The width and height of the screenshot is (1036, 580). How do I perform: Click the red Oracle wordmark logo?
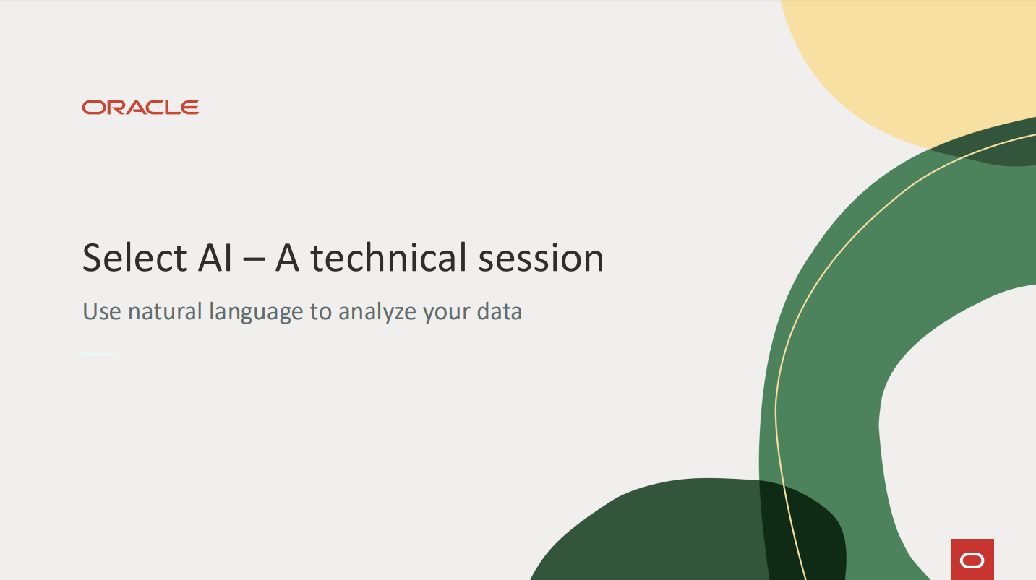[x=140, y=108]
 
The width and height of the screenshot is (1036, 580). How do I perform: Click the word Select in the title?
[x=134, y=258]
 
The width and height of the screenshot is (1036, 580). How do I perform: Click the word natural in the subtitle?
[x=165, y=311]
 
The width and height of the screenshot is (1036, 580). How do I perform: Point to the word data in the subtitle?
[x=500, y=311]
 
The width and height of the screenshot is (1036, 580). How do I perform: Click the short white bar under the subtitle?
[x=98, y=355]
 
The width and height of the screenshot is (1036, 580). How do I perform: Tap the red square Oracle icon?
[x=972, y=560]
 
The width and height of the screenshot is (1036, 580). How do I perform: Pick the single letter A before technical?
[x=287, y=258]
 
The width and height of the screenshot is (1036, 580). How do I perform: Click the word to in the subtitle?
[x=321, y=311]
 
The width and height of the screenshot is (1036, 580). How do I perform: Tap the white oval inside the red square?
[x=972, y=560]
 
